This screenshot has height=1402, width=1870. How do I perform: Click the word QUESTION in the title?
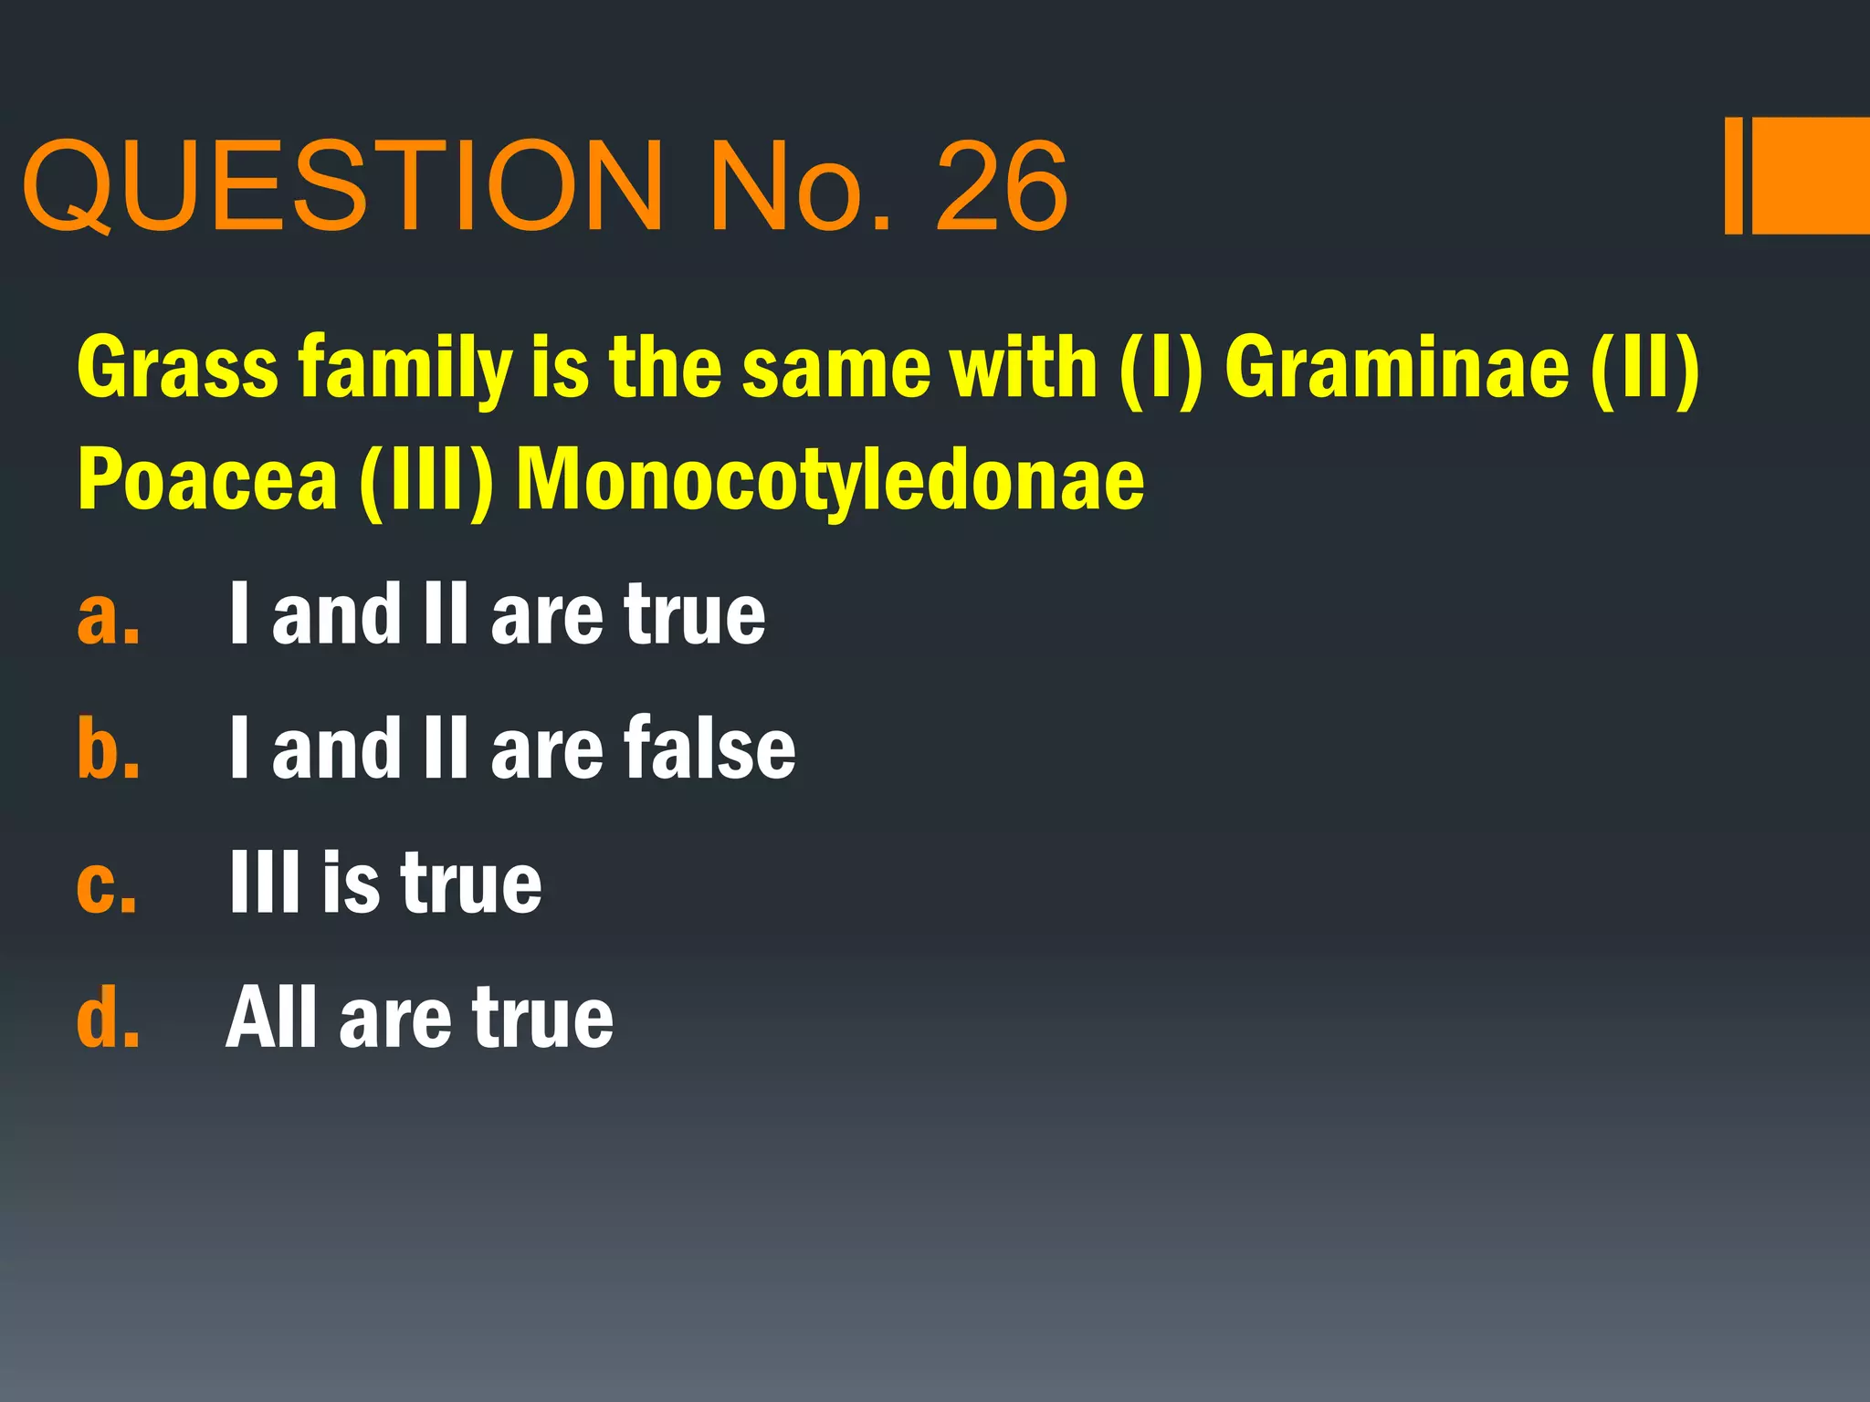[342, 187]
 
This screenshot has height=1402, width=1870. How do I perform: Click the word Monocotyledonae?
[830, 481]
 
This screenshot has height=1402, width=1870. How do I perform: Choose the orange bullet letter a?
[108, 616]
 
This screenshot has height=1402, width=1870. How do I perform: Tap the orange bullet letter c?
[107, 884]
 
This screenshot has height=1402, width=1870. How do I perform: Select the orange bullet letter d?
[108, 1017]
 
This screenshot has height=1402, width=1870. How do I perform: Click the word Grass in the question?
[178, 368]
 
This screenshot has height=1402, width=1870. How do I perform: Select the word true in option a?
[694, 616]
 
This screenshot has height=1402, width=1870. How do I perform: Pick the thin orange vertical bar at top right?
[1733, 175]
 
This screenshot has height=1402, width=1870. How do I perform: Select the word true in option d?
[542, 1019]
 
